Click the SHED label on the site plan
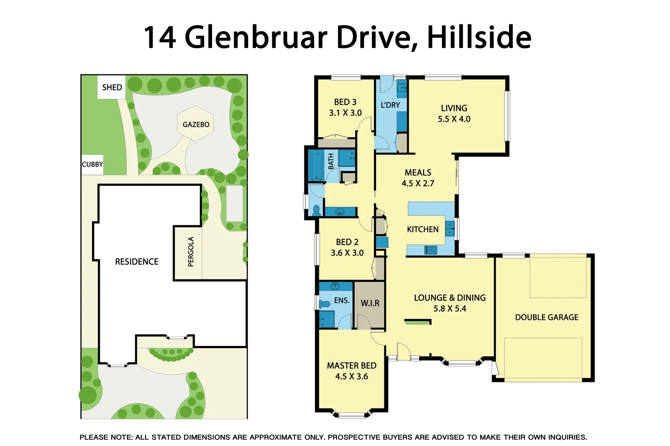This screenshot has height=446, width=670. [x=112, y=88]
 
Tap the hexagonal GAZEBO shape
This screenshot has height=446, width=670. [x=196, y=123]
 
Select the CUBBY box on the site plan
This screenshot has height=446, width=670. [x=92, y=164]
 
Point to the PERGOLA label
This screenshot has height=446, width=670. [x=191, y=251]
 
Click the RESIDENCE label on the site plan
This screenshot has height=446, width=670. [x=136, y=262]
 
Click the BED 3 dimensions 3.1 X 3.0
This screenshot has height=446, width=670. [x=345, y=113]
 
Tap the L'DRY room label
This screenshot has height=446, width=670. [x=390, y=105]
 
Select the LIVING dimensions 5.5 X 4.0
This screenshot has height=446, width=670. [x=454, y=119]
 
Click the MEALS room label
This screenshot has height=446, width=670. [x=418, y=173]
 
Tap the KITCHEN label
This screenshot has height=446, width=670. [x=422, y=230]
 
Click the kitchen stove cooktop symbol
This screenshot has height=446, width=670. [x=431, y=249]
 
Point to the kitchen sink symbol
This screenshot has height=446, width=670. [x=450, y=228]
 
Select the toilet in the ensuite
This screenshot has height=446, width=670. [x=325, y=304]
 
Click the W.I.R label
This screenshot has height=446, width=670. [x=370, y=304]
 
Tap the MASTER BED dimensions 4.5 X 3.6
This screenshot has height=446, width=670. [x=351, y=377]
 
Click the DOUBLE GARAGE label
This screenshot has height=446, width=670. [x=546, y=318]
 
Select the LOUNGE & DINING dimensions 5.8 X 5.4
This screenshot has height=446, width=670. [x=450, y=308]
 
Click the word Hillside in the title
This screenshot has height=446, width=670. [x=479, y=37]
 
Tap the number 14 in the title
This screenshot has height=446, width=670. [x=160, y=37]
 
